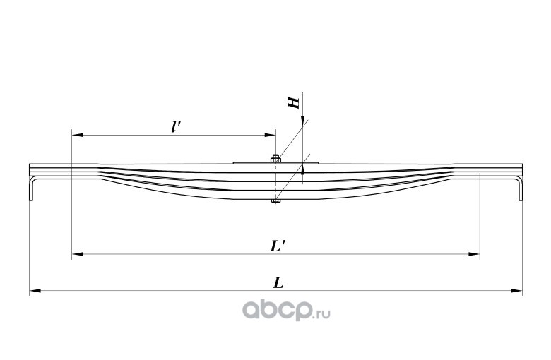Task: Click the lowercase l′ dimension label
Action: pyautogui.click(x=176, y=126)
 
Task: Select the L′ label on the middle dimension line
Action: pyautogui.click(x=277, y=247)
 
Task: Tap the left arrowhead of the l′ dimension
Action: pyautogui.click(x=76, y=134)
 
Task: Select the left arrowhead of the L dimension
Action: pyautogui.click(x=34, y=289)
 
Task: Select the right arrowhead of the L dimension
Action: pyautogui.click(x=517, y=289)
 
